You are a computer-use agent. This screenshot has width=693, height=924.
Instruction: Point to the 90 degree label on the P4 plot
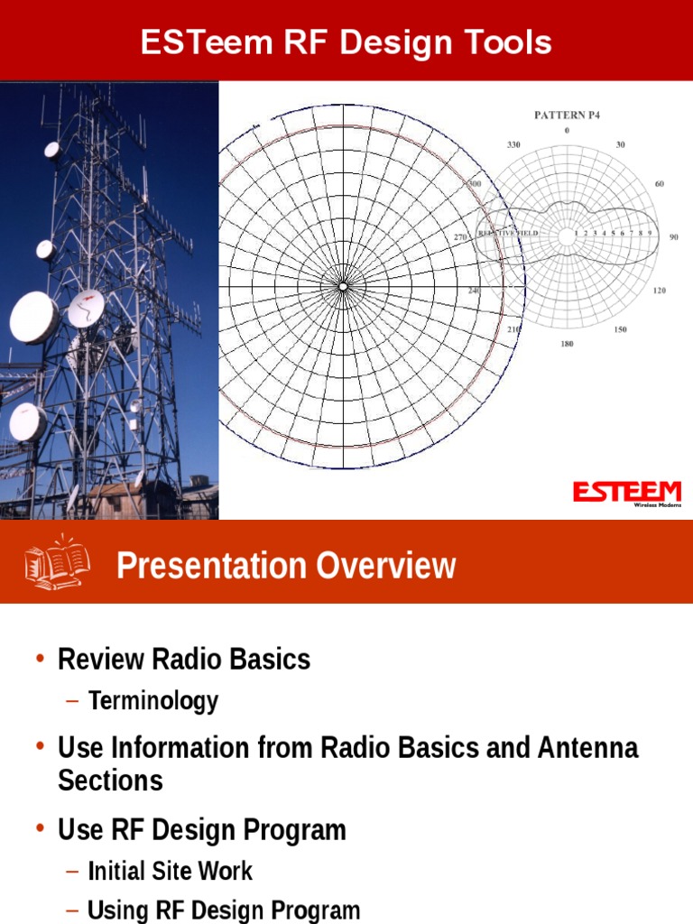point(673,237)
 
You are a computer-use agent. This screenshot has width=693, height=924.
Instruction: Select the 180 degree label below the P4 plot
point(567,344)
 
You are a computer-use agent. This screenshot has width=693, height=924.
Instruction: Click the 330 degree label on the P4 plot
point(513,144)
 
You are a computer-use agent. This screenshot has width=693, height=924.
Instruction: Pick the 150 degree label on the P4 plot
point(621,330)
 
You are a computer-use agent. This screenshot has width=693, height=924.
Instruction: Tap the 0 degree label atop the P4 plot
point(567,130)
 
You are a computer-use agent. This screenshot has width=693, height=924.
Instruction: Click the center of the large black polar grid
point(343,286)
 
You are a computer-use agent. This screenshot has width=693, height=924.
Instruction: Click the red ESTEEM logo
point(627,492)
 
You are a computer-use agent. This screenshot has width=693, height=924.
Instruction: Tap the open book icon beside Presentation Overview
point(57,563)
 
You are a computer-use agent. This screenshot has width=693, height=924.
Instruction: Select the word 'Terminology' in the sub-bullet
point(153,701)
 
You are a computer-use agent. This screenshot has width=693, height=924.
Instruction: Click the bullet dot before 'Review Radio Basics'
point(40,659)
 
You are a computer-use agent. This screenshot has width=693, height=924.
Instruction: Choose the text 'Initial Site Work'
point(171,871)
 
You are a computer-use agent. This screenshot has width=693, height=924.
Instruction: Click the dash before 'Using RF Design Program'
point(72,910)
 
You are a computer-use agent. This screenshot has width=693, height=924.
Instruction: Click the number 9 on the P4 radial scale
point(649,233)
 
